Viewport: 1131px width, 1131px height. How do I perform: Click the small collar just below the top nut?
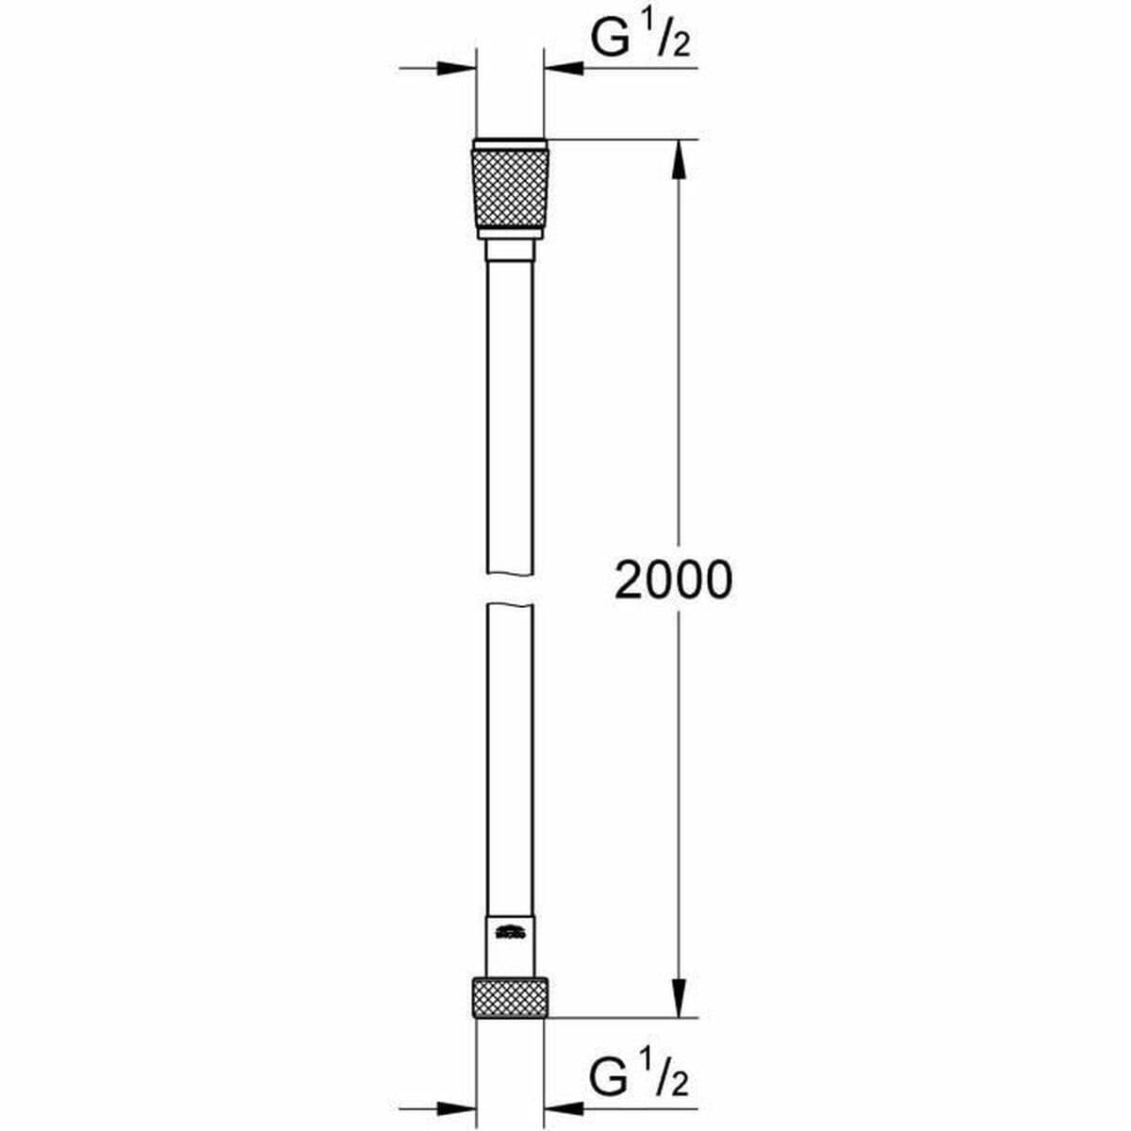[509, 251]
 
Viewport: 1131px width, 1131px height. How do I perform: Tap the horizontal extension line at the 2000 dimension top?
[622, 140]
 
